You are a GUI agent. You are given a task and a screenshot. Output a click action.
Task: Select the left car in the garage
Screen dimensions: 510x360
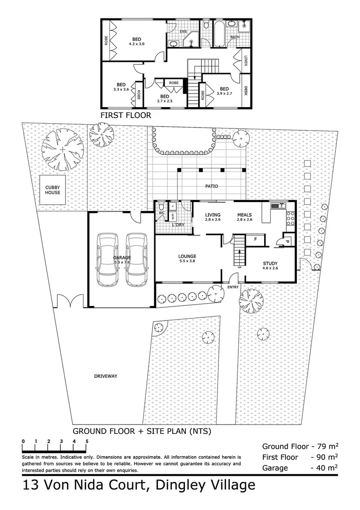pos(108,260)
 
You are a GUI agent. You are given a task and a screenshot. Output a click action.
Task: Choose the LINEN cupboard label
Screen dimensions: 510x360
pos(246,59)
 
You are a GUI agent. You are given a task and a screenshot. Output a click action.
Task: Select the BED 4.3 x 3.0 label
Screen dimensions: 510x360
pos(136,42)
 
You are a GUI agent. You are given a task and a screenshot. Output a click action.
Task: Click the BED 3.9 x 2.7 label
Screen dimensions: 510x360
pos(224,91)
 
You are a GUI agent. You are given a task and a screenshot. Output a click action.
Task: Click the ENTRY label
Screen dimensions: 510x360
pos(233,287)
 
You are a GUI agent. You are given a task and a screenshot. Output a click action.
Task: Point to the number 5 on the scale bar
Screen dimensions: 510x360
pos(87,441)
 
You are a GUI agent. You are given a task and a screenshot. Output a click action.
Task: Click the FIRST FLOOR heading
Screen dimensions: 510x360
pos(126,115)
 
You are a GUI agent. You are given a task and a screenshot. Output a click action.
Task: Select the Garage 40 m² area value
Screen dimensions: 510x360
pos(326,468)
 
